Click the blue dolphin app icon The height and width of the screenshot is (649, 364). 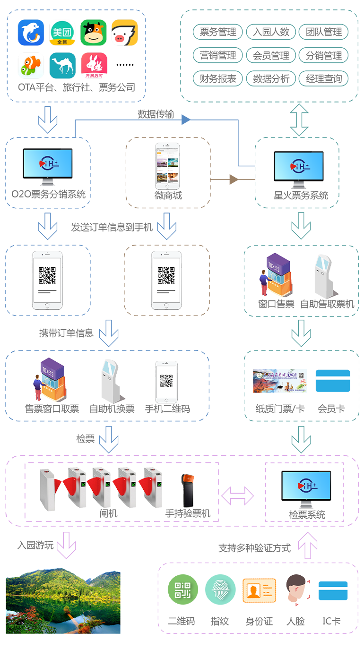click(31, 32)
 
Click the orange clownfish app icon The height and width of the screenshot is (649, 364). click(31, 66)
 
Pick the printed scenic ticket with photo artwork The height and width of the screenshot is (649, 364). click(280, 379)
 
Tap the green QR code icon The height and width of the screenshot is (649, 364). click(182, 590)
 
